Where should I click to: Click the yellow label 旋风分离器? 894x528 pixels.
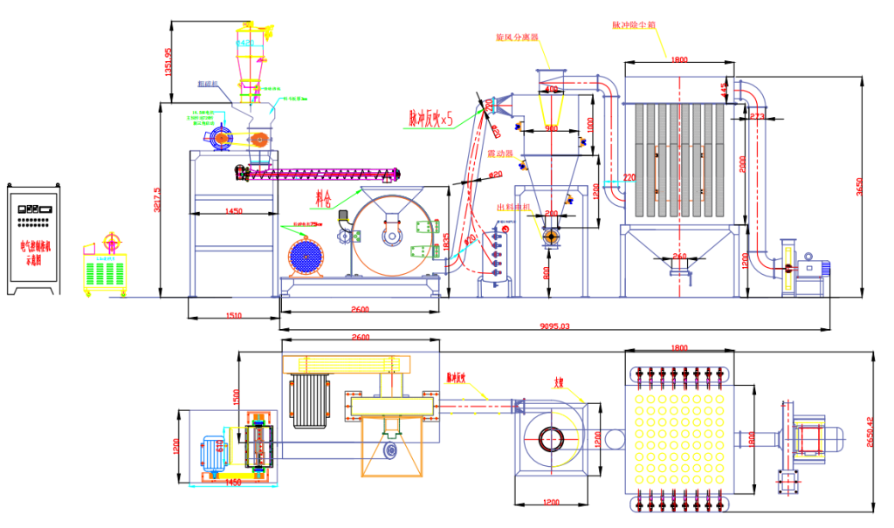tap(517, 38)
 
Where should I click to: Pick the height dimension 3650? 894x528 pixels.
tap(859, 186)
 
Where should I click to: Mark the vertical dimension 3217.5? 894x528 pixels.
tap(157, 202)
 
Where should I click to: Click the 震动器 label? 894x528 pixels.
tap(499, 154)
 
